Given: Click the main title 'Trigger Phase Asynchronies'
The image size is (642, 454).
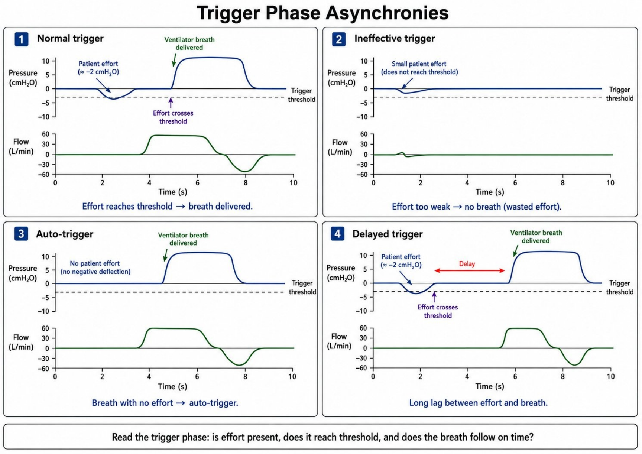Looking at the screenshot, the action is click(322, 13).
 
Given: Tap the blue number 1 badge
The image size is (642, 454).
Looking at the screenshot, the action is click(22, 39).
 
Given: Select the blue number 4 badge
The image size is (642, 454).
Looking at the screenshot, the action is click(337, 234).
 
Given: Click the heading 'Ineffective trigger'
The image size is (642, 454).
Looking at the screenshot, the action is click(394, 38).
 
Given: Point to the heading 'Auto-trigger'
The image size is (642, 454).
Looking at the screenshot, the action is click(65, 234).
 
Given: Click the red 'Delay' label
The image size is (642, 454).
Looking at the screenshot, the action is click(467, 264).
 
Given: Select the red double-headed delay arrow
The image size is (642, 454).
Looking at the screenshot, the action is click(470, 270).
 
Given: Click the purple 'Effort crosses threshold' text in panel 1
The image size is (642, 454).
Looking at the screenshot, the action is click(173, 117).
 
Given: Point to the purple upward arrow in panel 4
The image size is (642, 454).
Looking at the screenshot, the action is click(434, 296).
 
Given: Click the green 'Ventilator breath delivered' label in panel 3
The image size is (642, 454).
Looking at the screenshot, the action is click(183, 239).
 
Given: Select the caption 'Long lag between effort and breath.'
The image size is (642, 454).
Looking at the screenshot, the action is click(478, 403).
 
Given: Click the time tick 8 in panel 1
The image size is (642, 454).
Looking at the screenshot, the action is click(246, 182).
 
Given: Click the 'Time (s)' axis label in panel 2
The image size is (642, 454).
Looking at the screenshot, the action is click(490, 192).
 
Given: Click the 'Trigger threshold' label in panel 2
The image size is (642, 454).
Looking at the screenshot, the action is click(619, 94).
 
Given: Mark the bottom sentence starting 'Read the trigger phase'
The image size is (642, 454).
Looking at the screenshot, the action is click(322, 437).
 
